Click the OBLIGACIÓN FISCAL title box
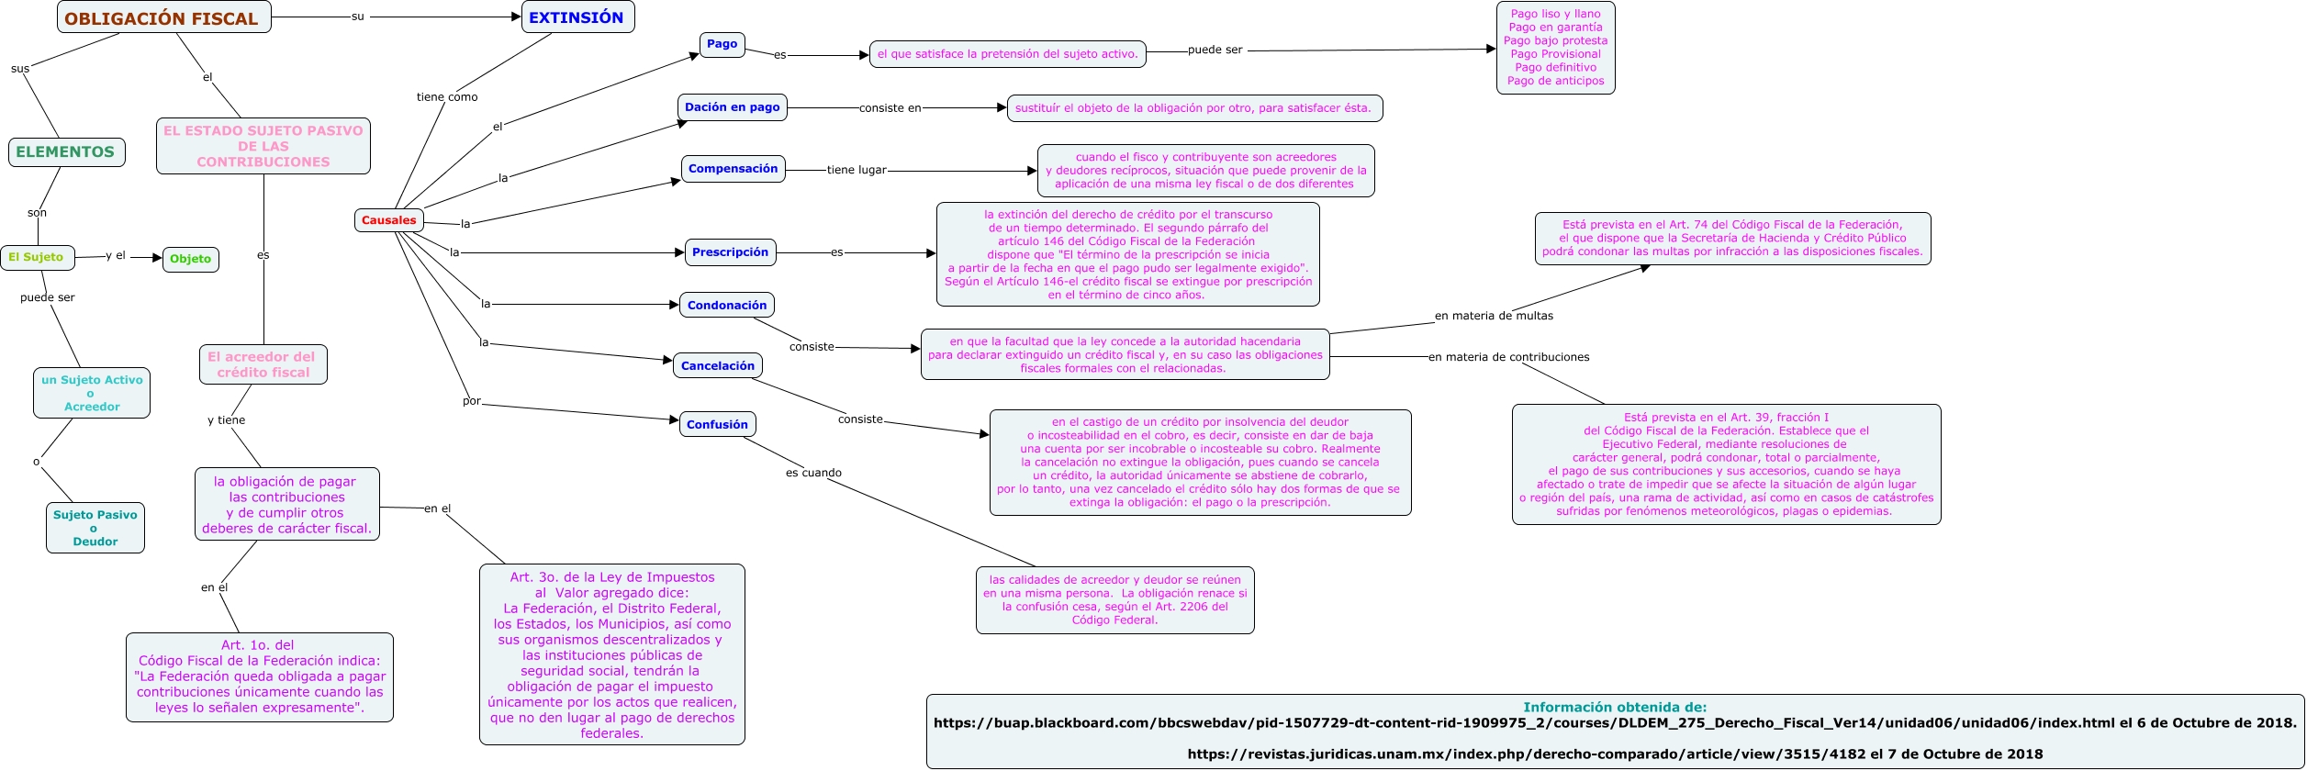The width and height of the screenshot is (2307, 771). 164,17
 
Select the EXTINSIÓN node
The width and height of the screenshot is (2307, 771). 577,17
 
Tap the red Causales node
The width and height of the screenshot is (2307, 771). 389,220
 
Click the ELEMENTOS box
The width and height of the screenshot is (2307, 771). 66,152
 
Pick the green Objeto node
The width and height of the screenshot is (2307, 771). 191,259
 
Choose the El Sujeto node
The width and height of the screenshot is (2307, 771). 37,258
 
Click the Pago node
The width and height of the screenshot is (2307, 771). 722,44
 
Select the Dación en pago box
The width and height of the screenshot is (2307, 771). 733,107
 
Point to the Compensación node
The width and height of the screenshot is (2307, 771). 734,169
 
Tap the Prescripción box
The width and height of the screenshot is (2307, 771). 731,252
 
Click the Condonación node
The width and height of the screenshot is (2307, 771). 727,306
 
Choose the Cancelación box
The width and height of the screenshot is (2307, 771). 718,366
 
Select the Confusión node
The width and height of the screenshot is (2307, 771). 718,425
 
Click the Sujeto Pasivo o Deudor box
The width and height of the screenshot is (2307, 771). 95,528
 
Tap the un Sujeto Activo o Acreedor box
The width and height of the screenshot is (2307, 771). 92,393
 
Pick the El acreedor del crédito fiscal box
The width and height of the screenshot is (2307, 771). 263,364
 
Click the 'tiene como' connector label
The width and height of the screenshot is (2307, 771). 447,97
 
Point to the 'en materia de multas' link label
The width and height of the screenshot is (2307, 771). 1494,316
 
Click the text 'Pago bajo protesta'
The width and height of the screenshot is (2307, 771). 1556,40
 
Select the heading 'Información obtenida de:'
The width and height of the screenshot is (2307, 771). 1615,708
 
